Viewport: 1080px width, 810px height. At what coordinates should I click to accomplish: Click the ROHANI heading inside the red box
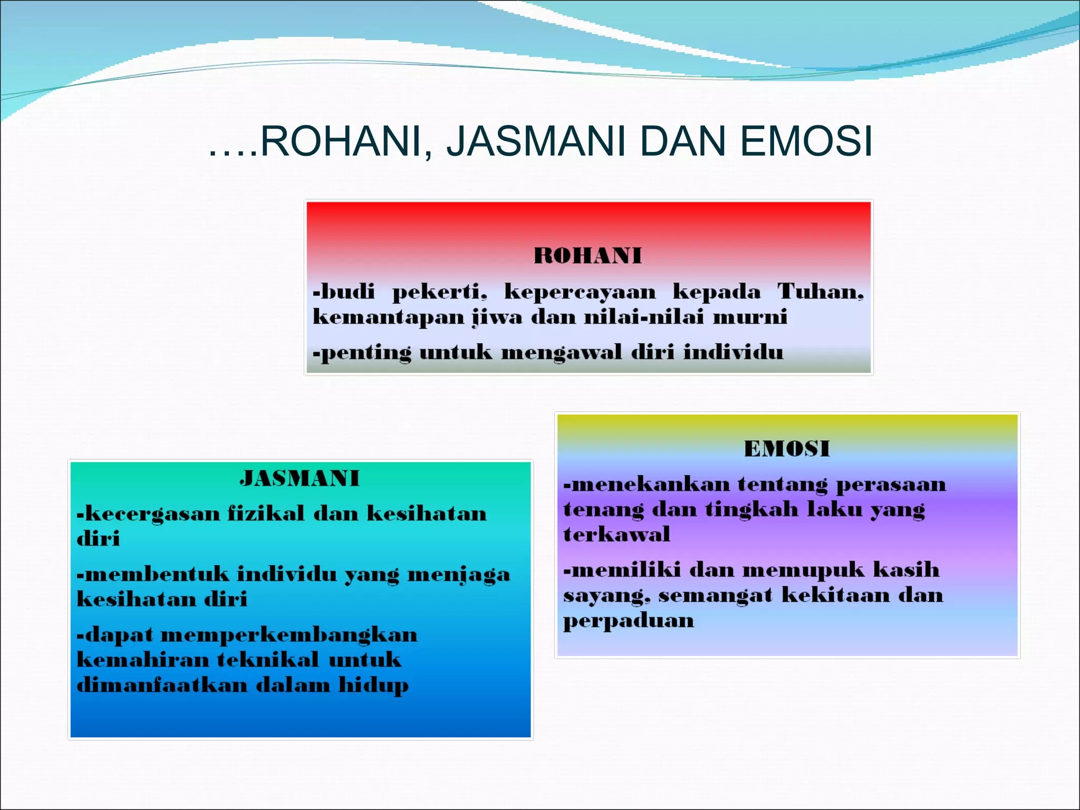coord(587,256)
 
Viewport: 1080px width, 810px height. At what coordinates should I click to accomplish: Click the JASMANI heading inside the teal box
coord(300,478)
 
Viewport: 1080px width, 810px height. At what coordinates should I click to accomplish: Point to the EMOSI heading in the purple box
coord(787,449)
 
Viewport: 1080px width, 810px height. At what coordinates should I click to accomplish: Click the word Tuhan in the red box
coord(820,291)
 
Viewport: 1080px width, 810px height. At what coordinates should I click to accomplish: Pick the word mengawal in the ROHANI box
coord(561,352)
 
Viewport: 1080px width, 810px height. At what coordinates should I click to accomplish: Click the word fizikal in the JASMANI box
coord(266,513)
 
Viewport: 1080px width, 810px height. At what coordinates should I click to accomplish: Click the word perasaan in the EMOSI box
coord(891,485)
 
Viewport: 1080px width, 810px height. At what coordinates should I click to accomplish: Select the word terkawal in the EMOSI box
coord(616,535)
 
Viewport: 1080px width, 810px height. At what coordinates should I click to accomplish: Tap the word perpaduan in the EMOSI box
coord(628,621)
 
